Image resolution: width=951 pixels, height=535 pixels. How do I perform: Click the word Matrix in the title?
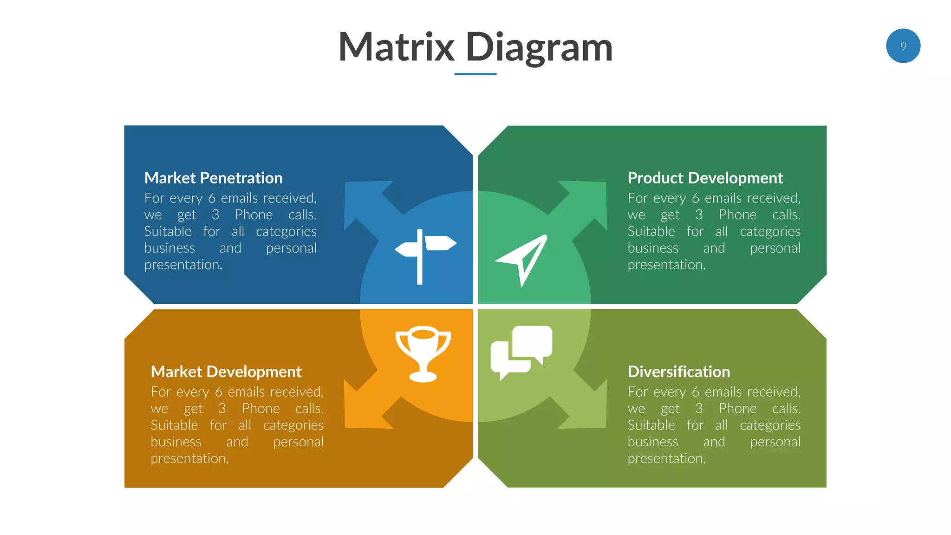pyautogui.click(x=396, y=47)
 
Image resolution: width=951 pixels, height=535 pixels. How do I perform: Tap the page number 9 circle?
pyautogui.click(x=903, y=46)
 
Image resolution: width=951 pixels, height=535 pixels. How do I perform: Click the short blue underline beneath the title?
pyautogui.click(x=475, y=74)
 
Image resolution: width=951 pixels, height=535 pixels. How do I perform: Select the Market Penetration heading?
pyautogui.click(x=213, y=178)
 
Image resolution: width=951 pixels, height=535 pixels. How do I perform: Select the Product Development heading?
pyautogui.click(x=705, y=178)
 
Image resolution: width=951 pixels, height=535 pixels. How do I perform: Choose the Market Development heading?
pyautogui.click(x=226, y=372)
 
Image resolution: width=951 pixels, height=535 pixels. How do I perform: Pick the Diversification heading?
pyautogui.click(x=678, y=372)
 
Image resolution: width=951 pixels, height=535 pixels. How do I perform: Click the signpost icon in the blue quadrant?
pyautogui.click(x=424, y=256)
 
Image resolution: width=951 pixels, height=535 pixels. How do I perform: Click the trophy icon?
pyautogui.click(x=423, y=353)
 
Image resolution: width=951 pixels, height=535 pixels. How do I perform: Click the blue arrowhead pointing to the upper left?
pyautogui.click(x=362, y=199)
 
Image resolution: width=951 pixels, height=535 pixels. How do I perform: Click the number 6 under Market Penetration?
pyautogui.click(x=212, y=198)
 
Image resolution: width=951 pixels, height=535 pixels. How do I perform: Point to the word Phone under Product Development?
pyautogui.click(x=737, y=215)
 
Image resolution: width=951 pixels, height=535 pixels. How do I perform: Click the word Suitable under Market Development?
pyautogui.click(x=174, y=425)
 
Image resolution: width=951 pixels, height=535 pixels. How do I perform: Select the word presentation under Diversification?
pyautogui.click(x=666, y=459)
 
